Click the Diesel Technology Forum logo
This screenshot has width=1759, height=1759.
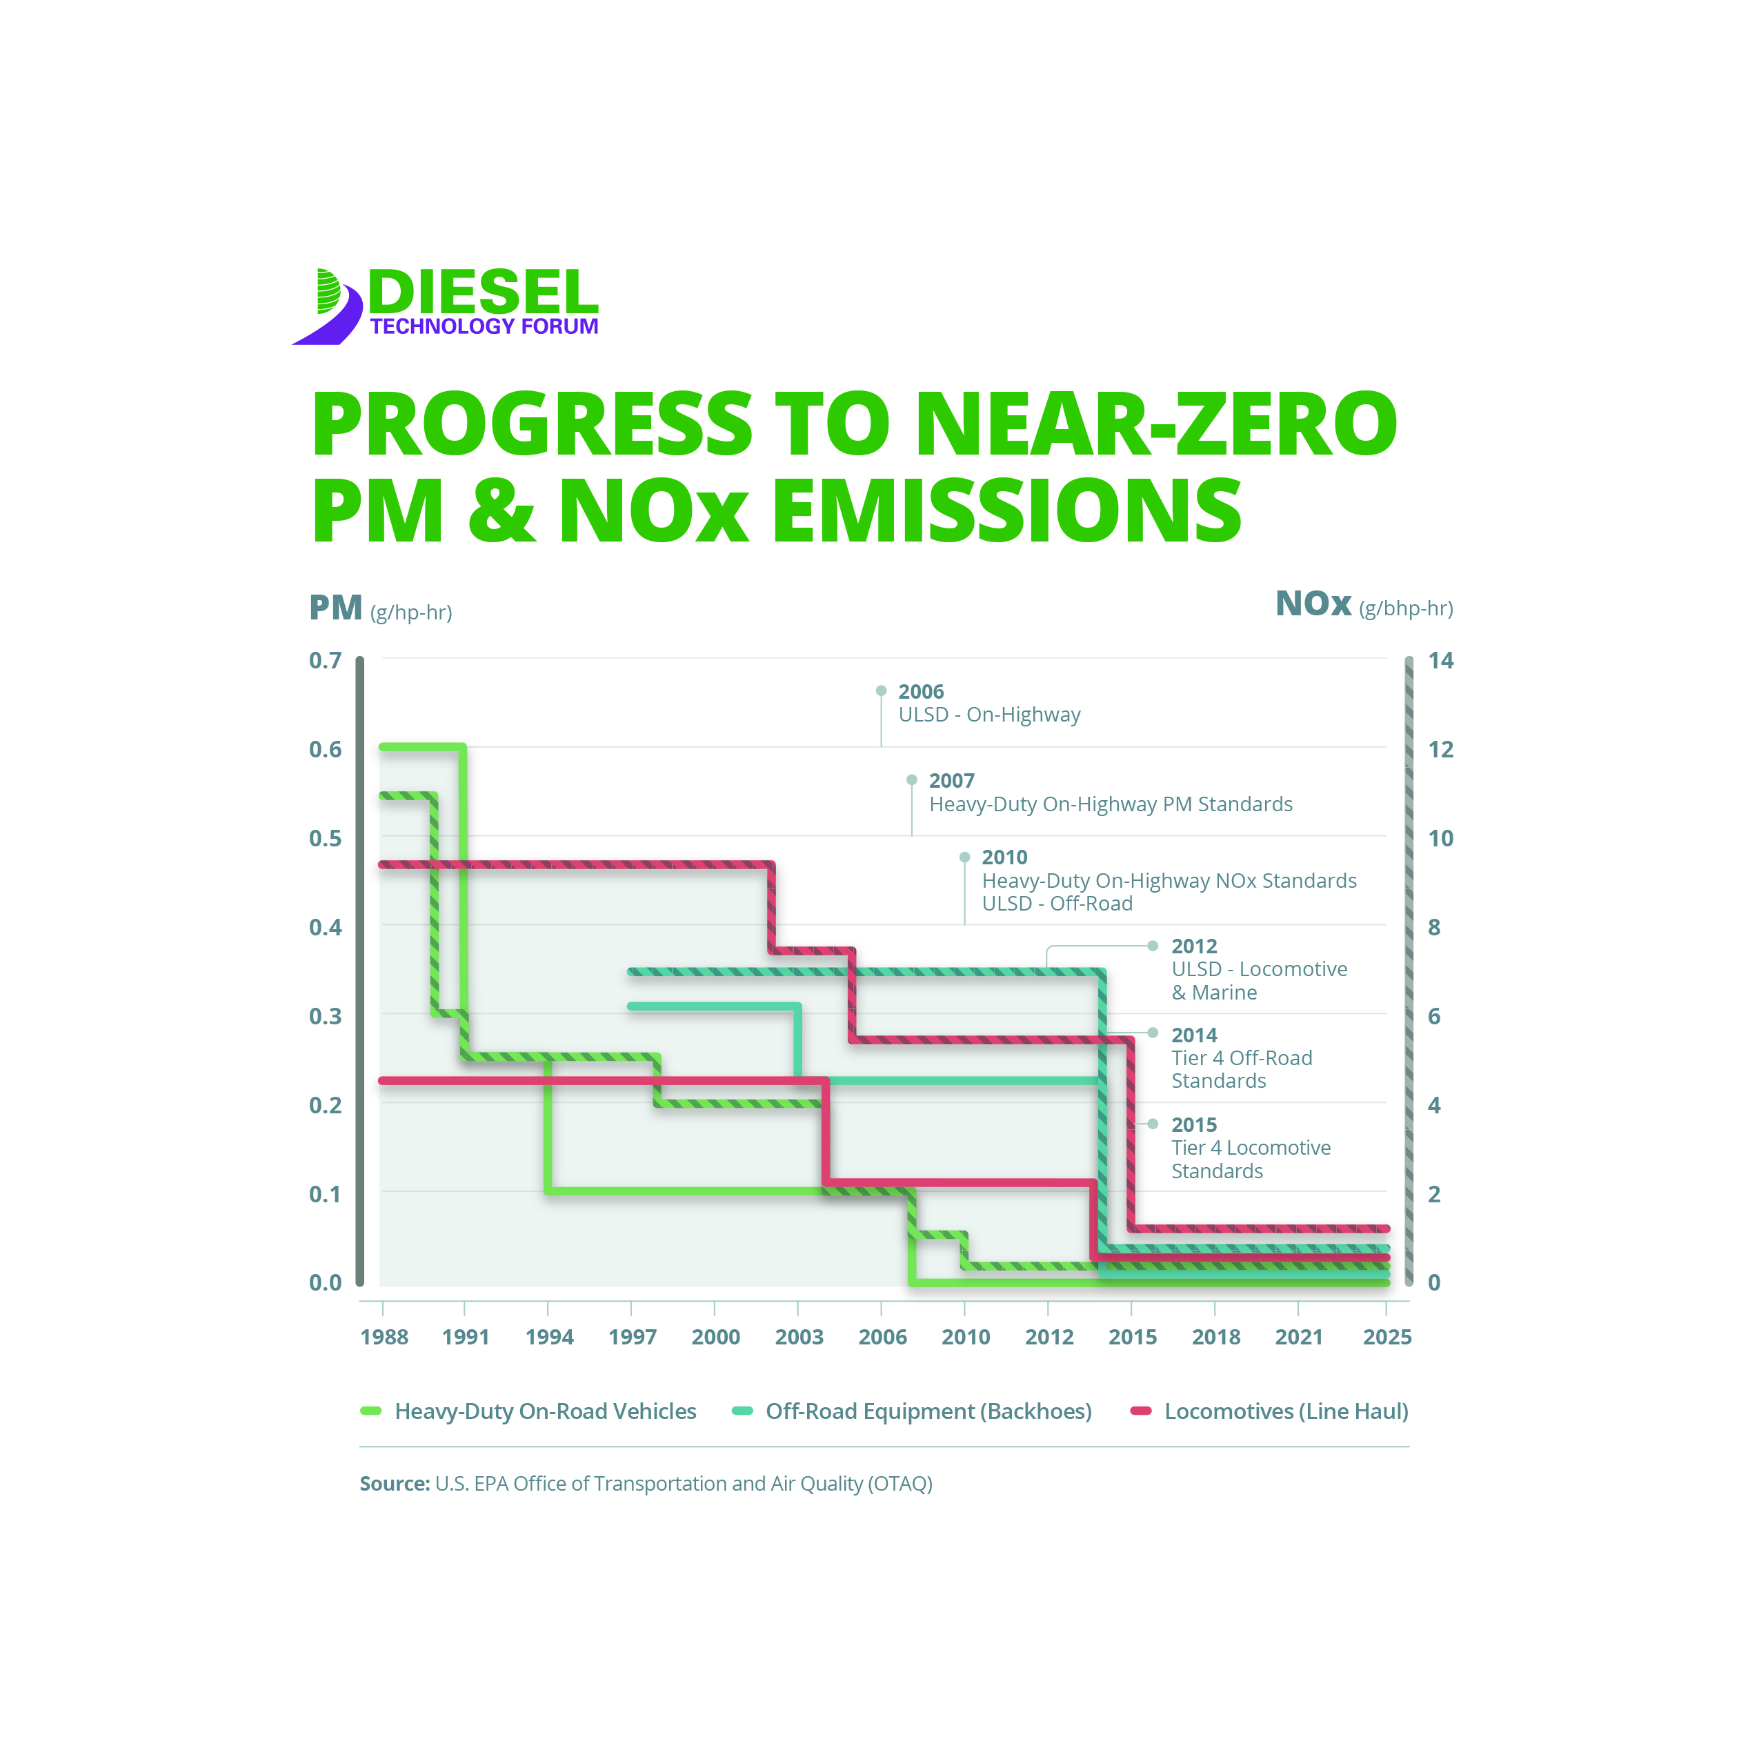[445, 305]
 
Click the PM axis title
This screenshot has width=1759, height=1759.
[336, 607]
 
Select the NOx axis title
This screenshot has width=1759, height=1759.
[1313, 604]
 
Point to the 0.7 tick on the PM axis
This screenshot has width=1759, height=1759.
[325, 660]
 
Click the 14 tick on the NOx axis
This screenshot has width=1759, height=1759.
[1440, 660]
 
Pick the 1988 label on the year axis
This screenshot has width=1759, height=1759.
[384, 1337]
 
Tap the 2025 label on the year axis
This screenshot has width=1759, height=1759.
[1387, 1337]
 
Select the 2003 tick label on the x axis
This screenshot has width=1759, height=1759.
[799, 1337]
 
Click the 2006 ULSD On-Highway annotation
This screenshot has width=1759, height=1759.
[988, 703]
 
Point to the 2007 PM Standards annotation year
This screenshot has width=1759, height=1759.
[951, 780]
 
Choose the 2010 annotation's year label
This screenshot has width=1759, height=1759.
[1004, 857]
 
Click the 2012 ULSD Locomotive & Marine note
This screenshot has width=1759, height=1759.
[1258, 968]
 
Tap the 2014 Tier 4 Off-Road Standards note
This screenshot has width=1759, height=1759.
[1242, 1058]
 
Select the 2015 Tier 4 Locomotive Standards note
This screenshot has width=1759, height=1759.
[1250, 1148]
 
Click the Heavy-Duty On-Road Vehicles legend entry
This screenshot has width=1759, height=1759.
[544, 1411]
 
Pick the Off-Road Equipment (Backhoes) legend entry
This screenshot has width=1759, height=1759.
[928, 1411]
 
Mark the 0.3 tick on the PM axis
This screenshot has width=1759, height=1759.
[325, 1016]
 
